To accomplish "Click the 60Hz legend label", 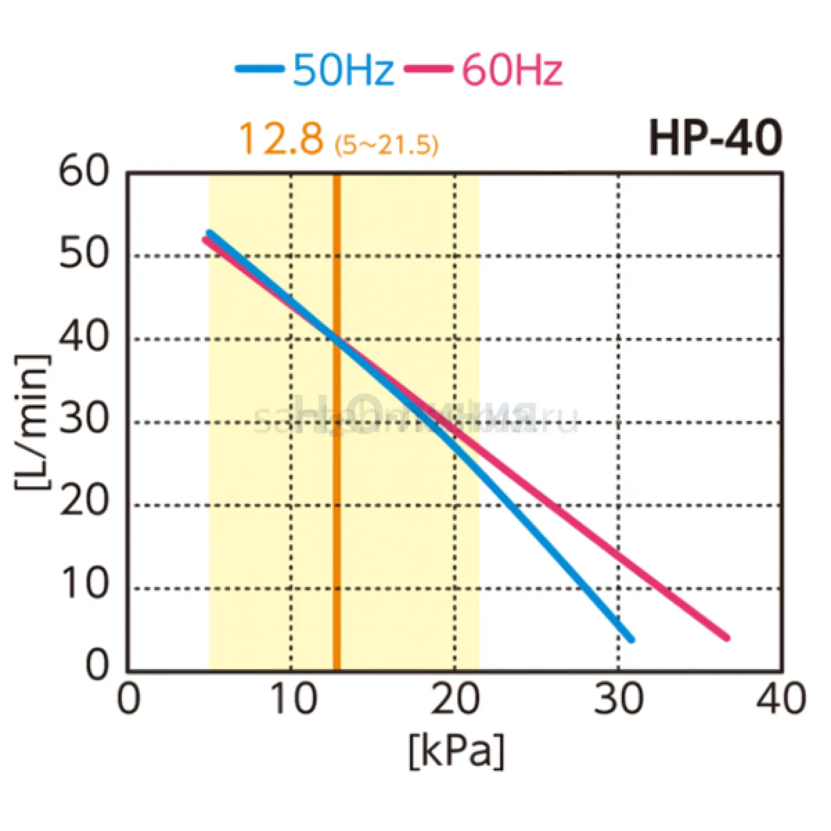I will pos(512,70).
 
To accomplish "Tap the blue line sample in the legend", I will pos(260,69).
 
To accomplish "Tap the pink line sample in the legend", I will pos(429,69).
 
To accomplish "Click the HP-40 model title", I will pos(715,138).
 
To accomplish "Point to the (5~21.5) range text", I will pos(386,145).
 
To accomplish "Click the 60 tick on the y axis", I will pos(84,171).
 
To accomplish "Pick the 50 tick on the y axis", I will pos(84,255).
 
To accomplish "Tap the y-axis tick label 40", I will pos(84,338).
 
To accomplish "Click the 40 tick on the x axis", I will pos(781,699).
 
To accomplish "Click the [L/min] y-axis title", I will pos(33,422).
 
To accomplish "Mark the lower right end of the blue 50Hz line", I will pos(630,639).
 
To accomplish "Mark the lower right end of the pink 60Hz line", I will pos(726,637).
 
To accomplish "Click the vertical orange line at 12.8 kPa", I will pos(337,485).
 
